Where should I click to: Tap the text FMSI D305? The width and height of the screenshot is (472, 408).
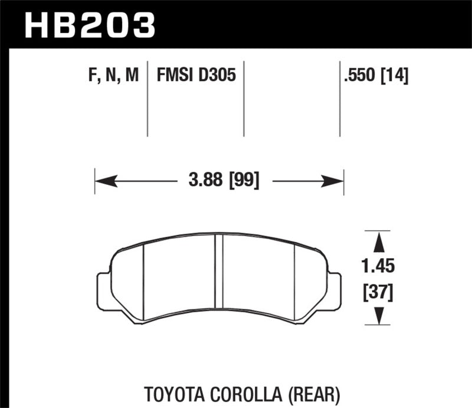tap(196, 76)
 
